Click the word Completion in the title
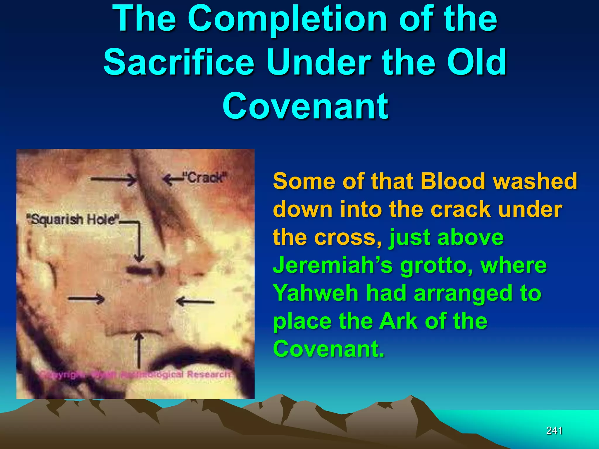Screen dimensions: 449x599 tap(288, 19)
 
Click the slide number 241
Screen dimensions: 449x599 tap(554, 431)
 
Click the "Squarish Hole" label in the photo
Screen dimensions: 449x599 tap(73, 220)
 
